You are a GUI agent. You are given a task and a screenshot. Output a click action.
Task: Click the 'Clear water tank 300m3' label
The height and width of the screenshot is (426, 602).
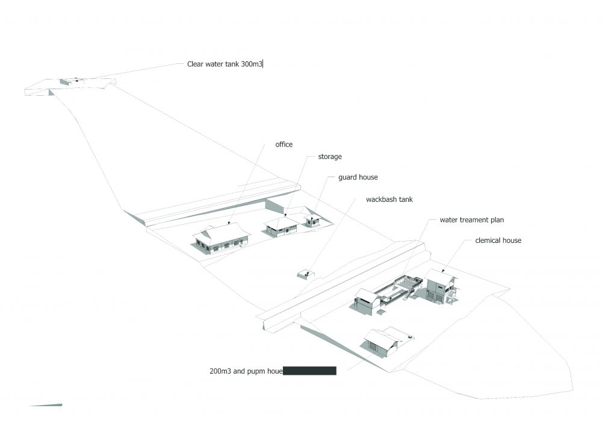[x=225, y=64]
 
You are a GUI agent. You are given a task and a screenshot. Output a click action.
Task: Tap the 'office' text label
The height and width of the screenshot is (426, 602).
[x=284, y=145]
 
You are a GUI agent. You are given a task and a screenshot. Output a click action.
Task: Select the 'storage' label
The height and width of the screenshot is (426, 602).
[x=330, y=157]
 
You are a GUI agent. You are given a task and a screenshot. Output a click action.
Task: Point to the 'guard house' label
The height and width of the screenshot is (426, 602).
[x=358, y=177]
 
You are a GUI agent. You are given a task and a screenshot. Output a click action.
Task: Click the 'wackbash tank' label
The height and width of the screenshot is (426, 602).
[x=389, y=199]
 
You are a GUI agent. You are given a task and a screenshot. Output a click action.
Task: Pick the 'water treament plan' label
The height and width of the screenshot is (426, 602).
[x=472, y=220]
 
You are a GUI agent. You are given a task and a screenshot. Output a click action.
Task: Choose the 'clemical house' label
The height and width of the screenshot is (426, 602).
[x=498, y=240]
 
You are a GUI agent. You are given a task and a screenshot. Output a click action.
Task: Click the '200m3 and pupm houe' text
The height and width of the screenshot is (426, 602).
[x=246, y=371]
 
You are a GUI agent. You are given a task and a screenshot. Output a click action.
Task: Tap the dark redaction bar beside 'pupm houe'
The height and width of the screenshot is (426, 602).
[x=309, y=371]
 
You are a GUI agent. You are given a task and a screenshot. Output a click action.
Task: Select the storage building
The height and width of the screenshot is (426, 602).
[x=281, y=227]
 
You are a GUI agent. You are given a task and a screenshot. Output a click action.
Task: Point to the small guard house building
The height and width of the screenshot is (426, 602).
[x=312, y=220]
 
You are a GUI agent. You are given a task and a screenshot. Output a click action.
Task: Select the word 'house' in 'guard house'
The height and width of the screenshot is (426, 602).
[x=368, y=177]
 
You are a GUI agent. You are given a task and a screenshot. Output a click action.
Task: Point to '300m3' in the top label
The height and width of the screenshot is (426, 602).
[x=252, y=64]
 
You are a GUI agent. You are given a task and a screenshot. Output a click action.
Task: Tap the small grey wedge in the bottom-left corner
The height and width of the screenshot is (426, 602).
[x=46, y=405]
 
